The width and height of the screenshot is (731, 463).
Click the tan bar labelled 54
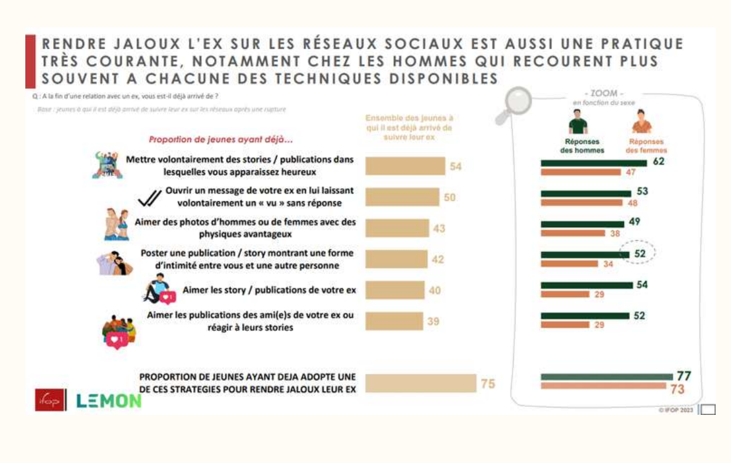pyautogui.click(x=405, y=166)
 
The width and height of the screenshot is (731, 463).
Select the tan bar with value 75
pyautogui.click(x=420, y=383)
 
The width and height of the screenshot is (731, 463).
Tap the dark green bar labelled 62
pyautogui.click(x=593, y=163)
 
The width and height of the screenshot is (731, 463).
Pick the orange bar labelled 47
pyautogui.click(x=580, y=172)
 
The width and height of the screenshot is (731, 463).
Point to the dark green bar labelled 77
pyautogui.click(x=606, y=377)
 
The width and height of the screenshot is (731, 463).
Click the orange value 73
pyautogui.click(x=677, y=389)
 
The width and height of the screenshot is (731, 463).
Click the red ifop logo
pyautogui.click(x=50, y=400)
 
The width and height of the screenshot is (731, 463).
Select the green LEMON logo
pyautogui.click(x=109, y=401)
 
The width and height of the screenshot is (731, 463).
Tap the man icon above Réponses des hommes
pyautogui.click(x=578, y=122)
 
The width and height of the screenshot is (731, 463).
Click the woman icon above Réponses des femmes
pyautogui.click(x=641, y=122)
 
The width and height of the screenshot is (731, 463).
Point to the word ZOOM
pyautogui.click(x=604, y=93)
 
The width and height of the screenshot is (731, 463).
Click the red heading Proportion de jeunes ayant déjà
pyautogui.click(x=220, y=140)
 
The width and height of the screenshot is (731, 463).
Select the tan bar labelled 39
pyautogui.click(x=394, y=321)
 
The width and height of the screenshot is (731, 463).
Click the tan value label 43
pyautogui.click(x=439, y=228)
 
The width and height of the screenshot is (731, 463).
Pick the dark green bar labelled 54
pyautogui.click(x=587, y=285)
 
